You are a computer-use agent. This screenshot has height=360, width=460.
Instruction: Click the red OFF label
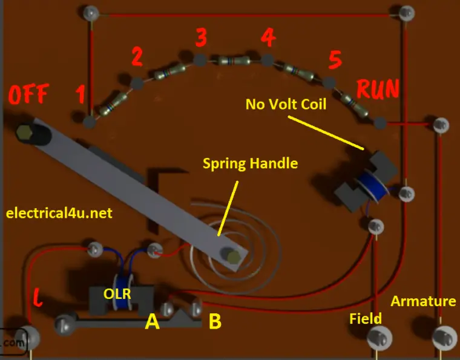pyautogui.click(x=28, y=96)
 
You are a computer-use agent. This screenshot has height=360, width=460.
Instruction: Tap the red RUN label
pyautogui.click(x=378, y=90)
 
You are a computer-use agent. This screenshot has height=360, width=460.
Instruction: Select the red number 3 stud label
pyautogui.click(x=201, y=38)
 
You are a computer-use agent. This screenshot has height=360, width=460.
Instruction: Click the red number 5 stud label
pyautogui.click(x=335, y=60)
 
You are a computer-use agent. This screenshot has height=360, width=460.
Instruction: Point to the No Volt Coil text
pyautogui.click(x=286, y=104)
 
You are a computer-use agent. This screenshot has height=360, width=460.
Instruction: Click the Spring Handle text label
pyautogui.click(x=250, y=163)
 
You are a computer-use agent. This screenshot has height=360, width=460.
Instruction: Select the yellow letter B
pyautogui.click(x=214, y=321)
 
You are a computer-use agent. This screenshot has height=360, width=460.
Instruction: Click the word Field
pyautogui.click(x=366, y=318)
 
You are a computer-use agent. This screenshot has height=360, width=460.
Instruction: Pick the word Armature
pyautogui.click(x=423, y=301)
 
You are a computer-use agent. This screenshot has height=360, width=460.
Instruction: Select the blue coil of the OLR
pyautogui.click(x=126, y=296)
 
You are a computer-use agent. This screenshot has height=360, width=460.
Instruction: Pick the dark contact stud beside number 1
pyautogui.click(x=90, y=122)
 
